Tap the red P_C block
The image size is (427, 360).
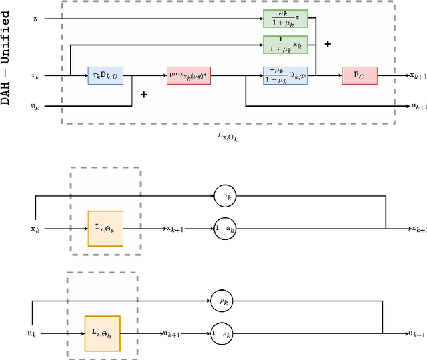click(359, 76)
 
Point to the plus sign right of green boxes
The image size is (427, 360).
click(328, 44)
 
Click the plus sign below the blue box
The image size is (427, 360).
click(143, 95)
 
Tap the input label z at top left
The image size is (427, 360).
click(35, 18)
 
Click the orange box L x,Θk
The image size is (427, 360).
click(105, 228)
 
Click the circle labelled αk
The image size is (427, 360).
click(226, 195)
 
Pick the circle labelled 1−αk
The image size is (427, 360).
click(226, 229)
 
